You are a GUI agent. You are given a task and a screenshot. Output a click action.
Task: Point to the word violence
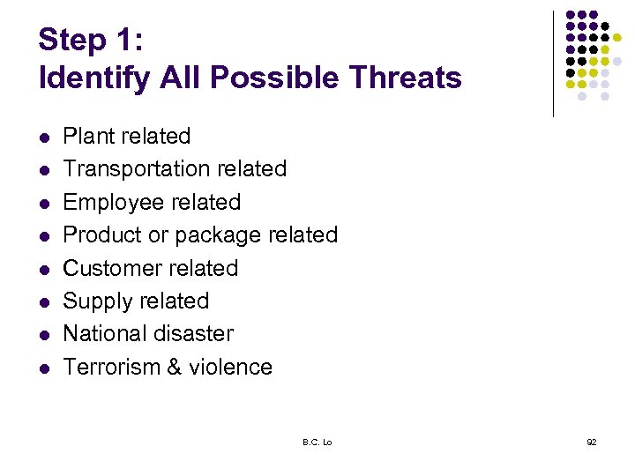(230, 367)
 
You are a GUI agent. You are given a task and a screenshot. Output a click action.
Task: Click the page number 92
(591, 442)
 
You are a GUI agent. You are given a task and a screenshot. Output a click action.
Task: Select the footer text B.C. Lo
(317, 442)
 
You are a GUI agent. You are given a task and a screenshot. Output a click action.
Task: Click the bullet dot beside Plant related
(44, 138)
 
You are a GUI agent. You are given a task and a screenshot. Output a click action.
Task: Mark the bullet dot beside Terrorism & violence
(44, 368)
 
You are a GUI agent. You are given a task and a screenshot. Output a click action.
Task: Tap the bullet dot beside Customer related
(44, 270)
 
